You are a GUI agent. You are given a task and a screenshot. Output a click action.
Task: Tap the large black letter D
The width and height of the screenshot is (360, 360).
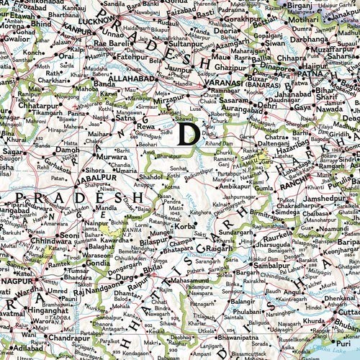coord(189,134)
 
